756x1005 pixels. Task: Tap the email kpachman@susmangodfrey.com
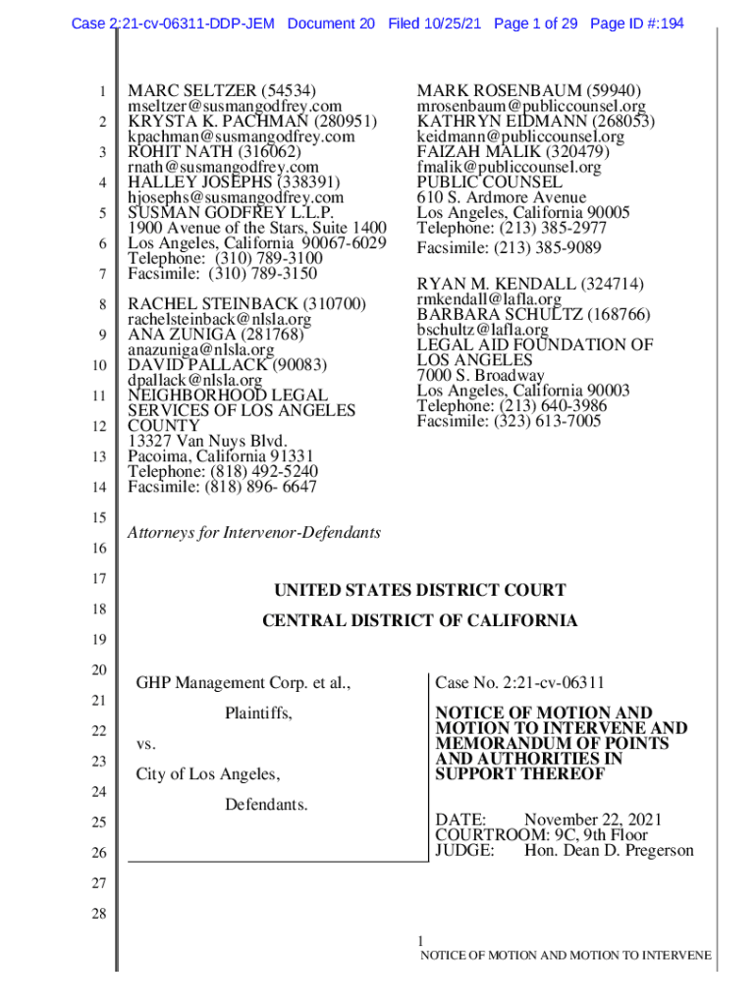point(242,137)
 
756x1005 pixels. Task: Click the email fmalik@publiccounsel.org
point(509,168)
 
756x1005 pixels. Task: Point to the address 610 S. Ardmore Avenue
point(501,197)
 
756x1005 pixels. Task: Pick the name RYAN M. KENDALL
point(500,284)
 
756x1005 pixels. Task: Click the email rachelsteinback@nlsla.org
point(220,320)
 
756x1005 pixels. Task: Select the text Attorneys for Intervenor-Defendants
point(254,533)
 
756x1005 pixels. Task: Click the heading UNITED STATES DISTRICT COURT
point(419,590)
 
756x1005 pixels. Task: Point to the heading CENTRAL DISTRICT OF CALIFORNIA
point(419,621)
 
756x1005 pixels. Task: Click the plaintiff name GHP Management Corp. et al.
point(243,682)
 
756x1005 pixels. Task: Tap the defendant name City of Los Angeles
point(207,774)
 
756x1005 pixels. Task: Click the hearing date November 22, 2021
point(593,820)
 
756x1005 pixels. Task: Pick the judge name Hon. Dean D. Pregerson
point(609,850)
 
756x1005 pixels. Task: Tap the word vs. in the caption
point(146,744)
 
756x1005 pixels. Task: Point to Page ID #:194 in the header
point(637,23)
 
